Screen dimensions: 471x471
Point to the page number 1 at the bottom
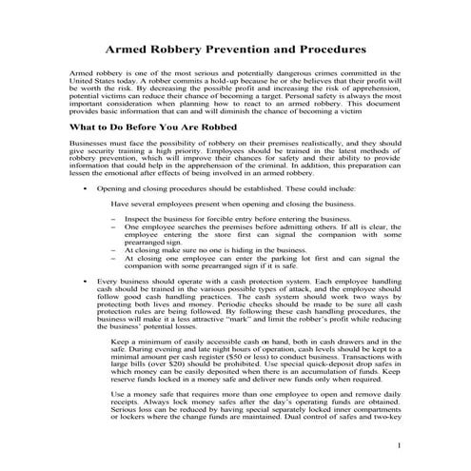[x=400, y=445]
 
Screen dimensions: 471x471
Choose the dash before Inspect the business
[x=114, y=219]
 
